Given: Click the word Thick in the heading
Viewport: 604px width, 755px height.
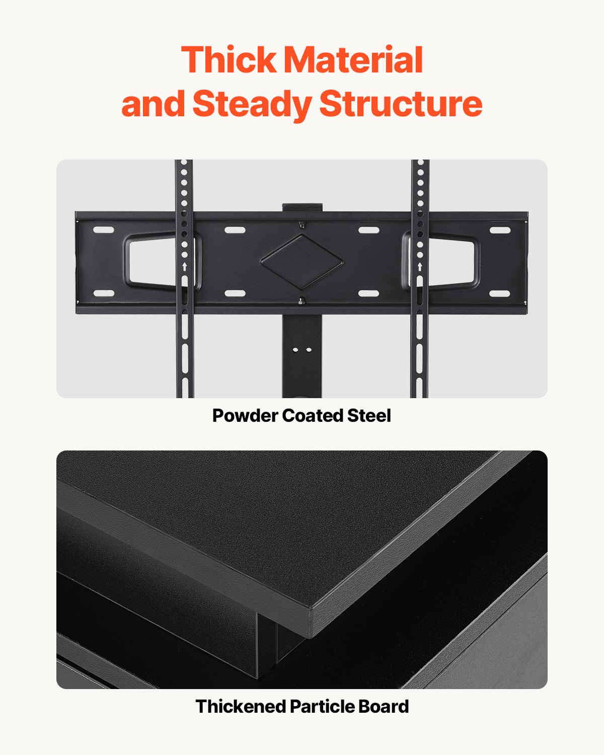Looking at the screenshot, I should pos(229,60).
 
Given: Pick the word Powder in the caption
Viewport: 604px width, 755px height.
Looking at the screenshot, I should pos(245,416).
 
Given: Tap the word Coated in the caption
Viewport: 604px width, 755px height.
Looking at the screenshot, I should pos(312,416).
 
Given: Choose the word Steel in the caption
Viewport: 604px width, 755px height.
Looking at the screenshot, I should pos(369,416).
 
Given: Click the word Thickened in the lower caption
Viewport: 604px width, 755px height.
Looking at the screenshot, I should pos(241,707).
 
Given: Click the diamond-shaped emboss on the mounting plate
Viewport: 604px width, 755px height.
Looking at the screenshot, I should pos(301,261).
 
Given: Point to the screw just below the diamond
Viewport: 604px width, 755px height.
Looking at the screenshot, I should pos(301,301).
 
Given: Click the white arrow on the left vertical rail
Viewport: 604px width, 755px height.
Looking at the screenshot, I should pos(184,266).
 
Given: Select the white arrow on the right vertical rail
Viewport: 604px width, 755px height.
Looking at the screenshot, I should pos(420,266).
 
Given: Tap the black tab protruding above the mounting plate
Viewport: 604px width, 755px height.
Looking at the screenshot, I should pos(302,207).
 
